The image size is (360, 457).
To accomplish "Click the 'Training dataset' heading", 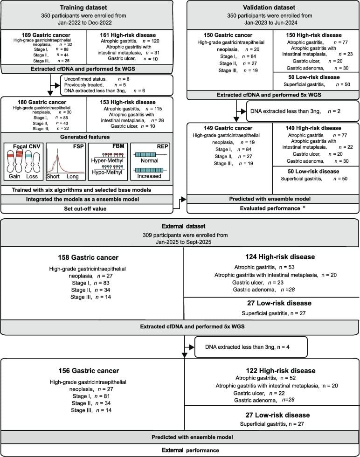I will click(87, 7).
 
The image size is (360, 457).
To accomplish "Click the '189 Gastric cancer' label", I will click(45, 35).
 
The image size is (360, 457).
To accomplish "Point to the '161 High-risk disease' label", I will click(130, 35).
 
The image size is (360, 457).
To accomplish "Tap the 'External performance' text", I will click(180, 450).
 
